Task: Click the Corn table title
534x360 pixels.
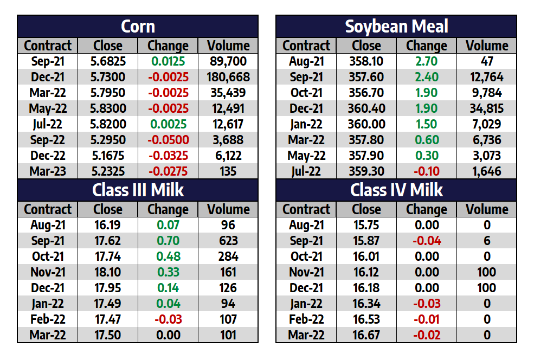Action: coord(138,27)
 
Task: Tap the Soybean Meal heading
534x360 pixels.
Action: coord(396,27)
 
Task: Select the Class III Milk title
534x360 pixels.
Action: coord(138,190)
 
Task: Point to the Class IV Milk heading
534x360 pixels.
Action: coord(396,190)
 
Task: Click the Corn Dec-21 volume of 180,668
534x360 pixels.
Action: coord(228,77)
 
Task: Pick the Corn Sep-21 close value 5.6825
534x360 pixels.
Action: coord(108,61)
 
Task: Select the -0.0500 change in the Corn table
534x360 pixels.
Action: coord(168,140)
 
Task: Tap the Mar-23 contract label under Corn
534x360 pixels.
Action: coord(48,171)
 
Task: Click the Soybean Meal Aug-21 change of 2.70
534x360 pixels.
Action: coord(426,61)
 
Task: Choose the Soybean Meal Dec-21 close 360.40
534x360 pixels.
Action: coord(366,108)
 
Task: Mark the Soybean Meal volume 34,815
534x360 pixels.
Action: coord(486,108)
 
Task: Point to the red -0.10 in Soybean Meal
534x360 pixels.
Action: coord(426,171)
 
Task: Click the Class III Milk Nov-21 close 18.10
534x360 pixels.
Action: coord(108,272)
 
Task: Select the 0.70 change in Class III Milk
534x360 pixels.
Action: coord(168,241)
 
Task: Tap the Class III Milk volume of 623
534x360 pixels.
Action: coord(228,241)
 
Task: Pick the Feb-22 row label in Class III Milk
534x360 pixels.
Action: coord(48,319)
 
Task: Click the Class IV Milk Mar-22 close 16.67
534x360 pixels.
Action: coord(366,335)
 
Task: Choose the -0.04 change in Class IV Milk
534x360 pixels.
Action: coord(426,241)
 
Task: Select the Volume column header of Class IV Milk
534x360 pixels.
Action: coord(486,209)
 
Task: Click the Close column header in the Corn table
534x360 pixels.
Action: coord(108,46)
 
